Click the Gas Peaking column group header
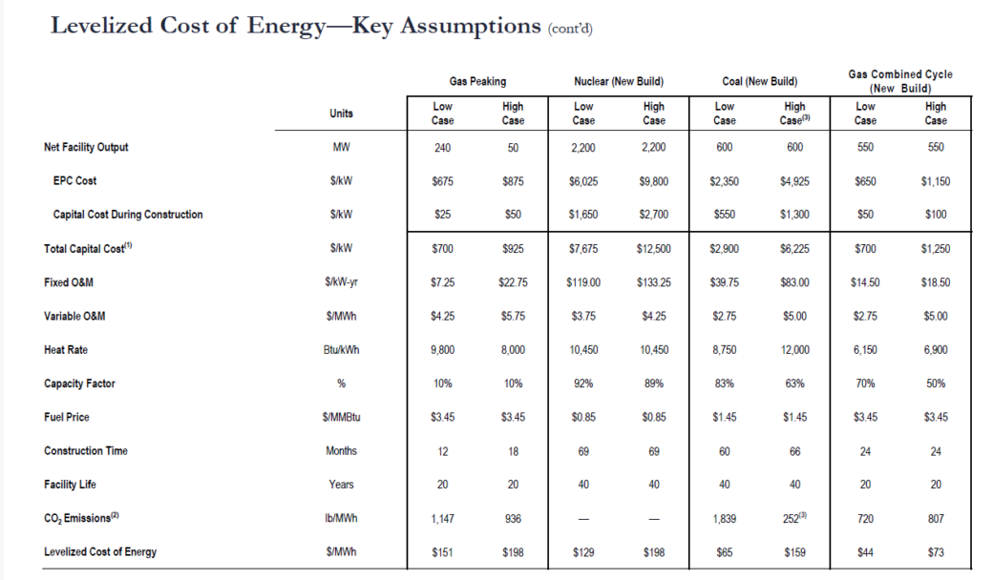point(477,82)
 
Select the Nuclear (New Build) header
point(619,82)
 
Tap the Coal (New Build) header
point(759,82)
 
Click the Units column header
point(341,114)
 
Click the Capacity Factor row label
point(79,383)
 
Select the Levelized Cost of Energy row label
point(100,552)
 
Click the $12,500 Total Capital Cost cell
point(654,249)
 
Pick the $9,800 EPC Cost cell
point(654,180)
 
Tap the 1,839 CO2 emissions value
point(725,519)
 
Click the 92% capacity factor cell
point(583,383)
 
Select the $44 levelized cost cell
point(865,552)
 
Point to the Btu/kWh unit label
point(341,350)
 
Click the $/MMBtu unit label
point(341,417)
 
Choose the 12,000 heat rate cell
point(794,350)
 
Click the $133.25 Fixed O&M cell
point(654,282)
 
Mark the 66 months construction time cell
point(794,451)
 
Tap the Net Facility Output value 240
point(442,147)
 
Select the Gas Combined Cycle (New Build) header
point(900,80)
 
